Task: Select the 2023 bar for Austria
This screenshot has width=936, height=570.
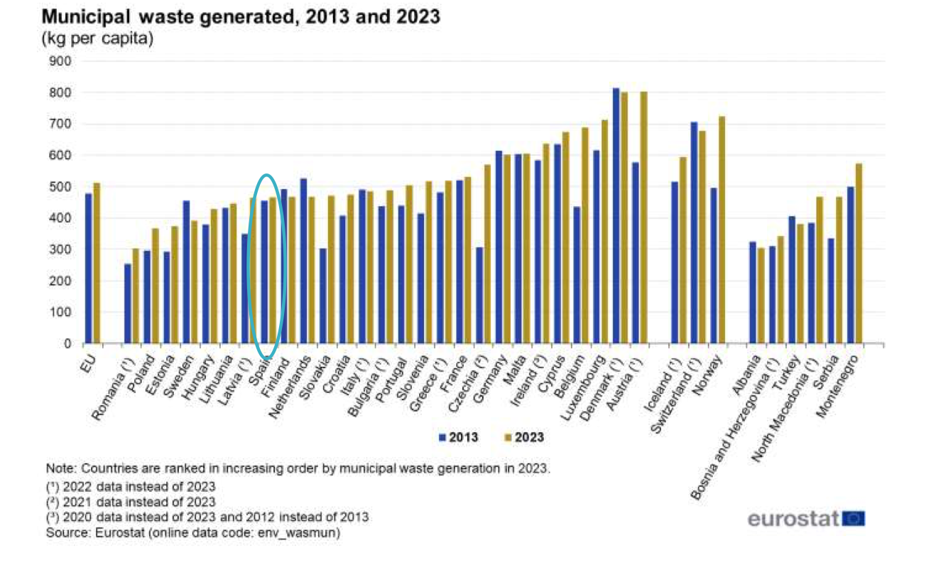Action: (643, 217)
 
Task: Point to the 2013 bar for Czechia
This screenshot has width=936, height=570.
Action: (479, 296)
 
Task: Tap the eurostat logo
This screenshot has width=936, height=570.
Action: (806, 518)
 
